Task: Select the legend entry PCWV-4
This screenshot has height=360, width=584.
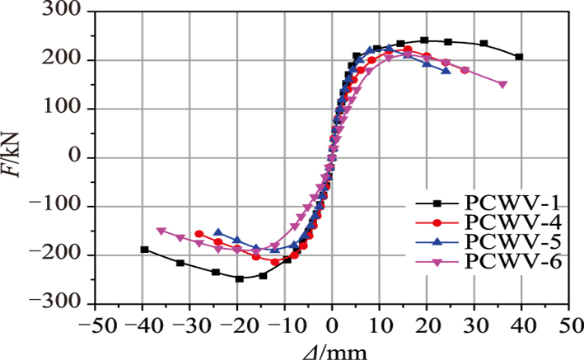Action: pyautogui.click(x=501, y=223)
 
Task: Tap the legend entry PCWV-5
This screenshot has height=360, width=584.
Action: pyautogui.click(x=501, y=242)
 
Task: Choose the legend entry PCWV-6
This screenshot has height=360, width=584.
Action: pyautogui.click(x=501, y=261)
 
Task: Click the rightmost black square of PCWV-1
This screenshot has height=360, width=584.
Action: pyautogui.click(x=519, y=57)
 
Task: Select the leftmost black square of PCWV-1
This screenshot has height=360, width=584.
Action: pyautogui.click(x=144, y=250)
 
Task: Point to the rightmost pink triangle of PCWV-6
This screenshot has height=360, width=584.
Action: pyautogui.click(x=503, y=84)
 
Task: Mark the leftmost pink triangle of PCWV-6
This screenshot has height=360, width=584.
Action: pyautogui.click(x=161, y=231)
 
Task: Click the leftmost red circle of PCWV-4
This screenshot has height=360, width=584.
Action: pyautogui.click(x=199, y=234)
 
